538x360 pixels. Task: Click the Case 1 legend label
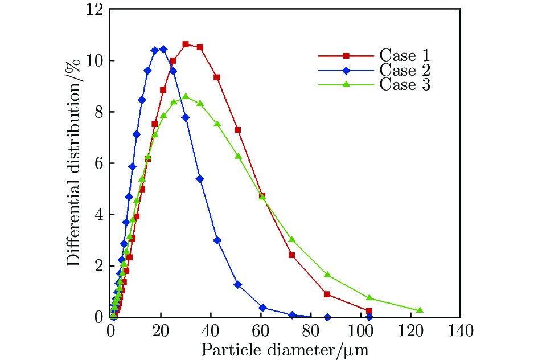tap(404, 56)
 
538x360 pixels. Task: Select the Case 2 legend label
tap(404, 71)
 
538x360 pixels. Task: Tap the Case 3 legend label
tap(404, 85)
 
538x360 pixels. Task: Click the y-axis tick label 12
tap(96, 10)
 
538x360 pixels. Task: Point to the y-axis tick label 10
tap(96, 61)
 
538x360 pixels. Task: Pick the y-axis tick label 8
tap(99, 112)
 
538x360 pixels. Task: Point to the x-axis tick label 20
tap(161, 330)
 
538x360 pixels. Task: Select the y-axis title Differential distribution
tap(73, 163)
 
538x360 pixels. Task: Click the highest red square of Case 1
tap(186, 44)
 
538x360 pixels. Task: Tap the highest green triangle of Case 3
tap(186, 97)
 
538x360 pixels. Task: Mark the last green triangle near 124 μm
tap(420, 310)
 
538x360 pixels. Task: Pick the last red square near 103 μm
tap(369, 311)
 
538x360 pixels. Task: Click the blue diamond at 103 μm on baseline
tap(369, 317)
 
